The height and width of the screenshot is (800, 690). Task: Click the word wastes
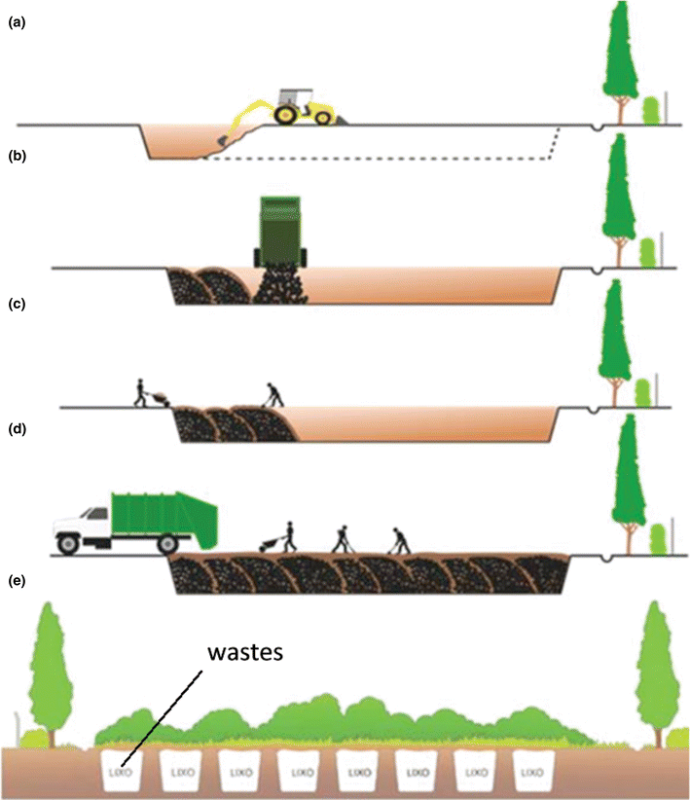tap(243, 653)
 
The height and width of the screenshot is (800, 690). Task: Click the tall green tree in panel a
tap(617, 58)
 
